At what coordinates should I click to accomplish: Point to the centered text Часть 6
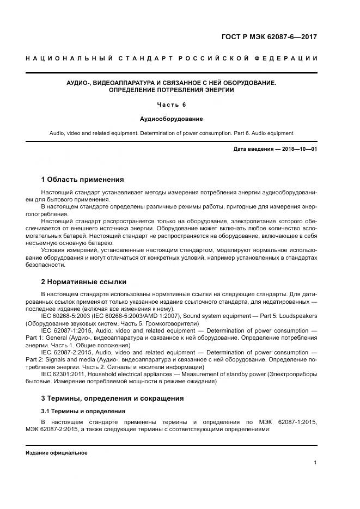point(172,105)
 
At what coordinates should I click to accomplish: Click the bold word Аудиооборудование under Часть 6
point(172,118)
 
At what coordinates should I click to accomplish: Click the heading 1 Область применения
point(82,179)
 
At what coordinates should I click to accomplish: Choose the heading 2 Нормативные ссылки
point(84,281)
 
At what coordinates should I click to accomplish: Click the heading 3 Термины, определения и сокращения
point(112,398)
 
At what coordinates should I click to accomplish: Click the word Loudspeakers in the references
point(299,316)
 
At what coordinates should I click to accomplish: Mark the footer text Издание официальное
point(57,453)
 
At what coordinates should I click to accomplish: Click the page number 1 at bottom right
point(315,463)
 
